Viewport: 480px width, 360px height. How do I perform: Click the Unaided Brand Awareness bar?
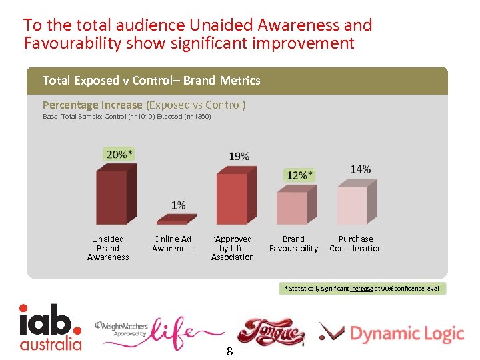(x=111, y=197)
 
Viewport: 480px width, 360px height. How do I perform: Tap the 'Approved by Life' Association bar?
(x=231, y=198)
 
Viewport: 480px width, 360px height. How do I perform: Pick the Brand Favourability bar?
(x=292, y=208)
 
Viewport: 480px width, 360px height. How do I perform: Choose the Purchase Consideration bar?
(x=352, y=205)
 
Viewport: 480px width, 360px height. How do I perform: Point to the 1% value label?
(x=178, y=205)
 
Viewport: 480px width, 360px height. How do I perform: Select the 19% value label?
(x=239, y=157)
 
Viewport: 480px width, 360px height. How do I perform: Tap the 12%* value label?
(x=299, y=175)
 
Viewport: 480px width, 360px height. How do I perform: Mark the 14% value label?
(x=361, y=169)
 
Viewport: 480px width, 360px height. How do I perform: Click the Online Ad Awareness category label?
(x=173, y=244)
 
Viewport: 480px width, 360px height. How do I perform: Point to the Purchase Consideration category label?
(x=355, y=244)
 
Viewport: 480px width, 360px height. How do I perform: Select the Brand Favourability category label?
(x=293, y=244)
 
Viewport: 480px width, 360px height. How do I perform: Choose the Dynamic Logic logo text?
(x=406, y=333)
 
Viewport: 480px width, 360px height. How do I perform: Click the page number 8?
(x=229, y=351)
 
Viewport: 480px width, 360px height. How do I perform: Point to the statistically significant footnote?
(x=362, y=288)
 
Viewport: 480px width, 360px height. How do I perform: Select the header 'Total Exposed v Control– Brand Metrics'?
(x=151, y=81)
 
